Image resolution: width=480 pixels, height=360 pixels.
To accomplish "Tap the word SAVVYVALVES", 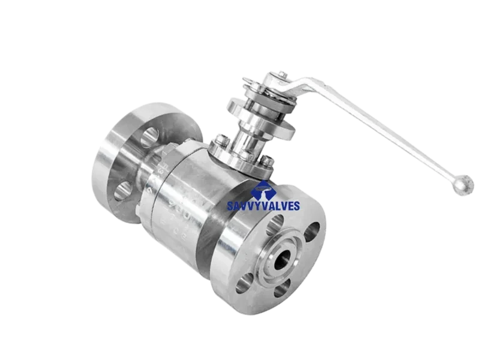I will point(265,206).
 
